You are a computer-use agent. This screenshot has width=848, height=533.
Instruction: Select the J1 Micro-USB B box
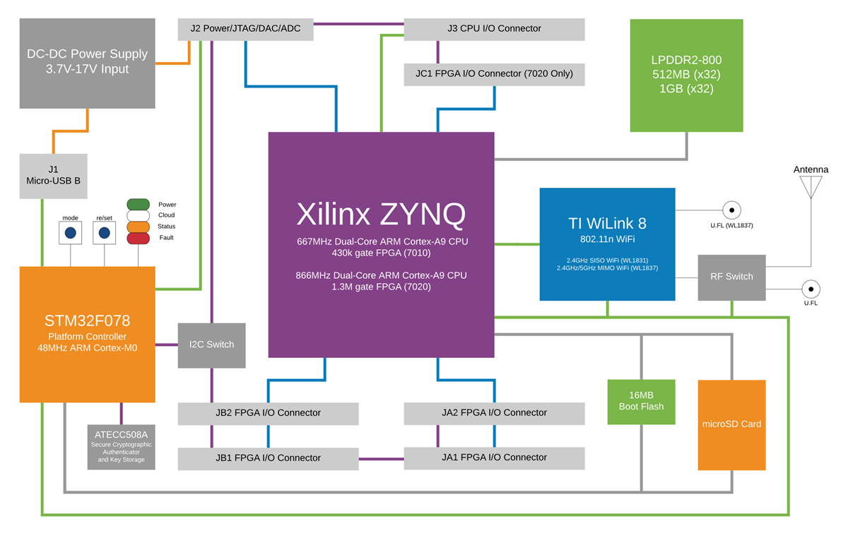[54, 176]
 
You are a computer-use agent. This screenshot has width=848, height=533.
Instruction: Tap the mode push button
[70, 232]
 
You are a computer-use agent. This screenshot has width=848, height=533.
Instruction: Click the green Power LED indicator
[139, 205]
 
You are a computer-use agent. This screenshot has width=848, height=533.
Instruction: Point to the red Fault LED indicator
[139, 239]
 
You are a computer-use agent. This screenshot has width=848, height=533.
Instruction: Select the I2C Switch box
[211, 345]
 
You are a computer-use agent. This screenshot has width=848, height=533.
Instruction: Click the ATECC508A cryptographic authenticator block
[121, 447]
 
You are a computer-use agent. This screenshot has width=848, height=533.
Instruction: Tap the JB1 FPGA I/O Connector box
[268, 458]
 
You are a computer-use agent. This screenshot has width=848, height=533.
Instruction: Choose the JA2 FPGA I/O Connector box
[494, 413]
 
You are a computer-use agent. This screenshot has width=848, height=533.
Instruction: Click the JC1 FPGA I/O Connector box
[494, 74]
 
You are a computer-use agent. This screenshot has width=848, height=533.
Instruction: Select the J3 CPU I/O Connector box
[494, 29]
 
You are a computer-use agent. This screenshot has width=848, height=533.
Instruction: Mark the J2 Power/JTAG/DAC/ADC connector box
[245, 29]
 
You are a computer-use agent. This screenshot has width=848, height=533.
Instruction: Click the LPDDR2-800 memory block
[686, 75]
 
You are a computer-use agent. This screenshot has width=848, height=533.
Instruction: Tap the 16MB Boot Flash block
[641, 402]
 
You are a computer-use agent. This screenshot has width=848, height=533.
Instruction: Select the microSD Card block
[731, 424]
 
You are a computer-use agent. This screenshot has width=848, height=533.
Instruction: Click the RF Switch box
[731, 277]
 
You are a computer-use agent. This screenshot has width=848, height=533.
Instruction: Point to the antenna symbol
[811, 186]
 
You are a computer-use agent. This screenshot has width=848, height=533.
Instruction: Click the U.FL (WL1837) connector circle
[731, 210]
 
